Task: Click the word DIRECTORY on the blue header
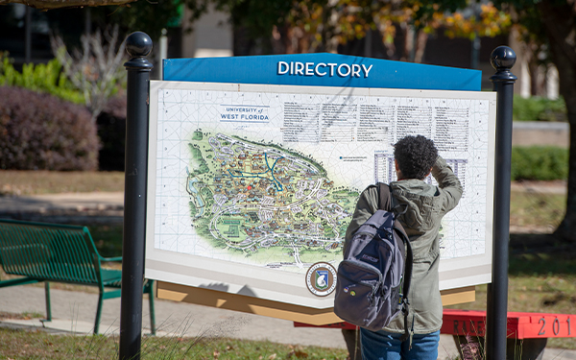[x=324, y=69]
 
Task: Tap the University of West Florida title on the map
[x=244, y=113]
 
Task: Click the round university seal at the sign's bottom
[x=321, y=278]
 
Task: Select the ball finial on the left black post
[x=138, y=44]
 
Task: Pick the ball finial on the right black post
[x=503, y=57]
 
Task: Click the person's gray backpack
[x=372, y=274]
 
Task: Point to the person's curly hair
[x=415, y=156]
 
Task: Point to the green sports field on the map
[x=229, y=228]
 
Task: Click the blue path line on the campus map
[x=273, y=174]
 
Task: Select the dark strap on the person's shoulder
[x=385, y=198]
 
